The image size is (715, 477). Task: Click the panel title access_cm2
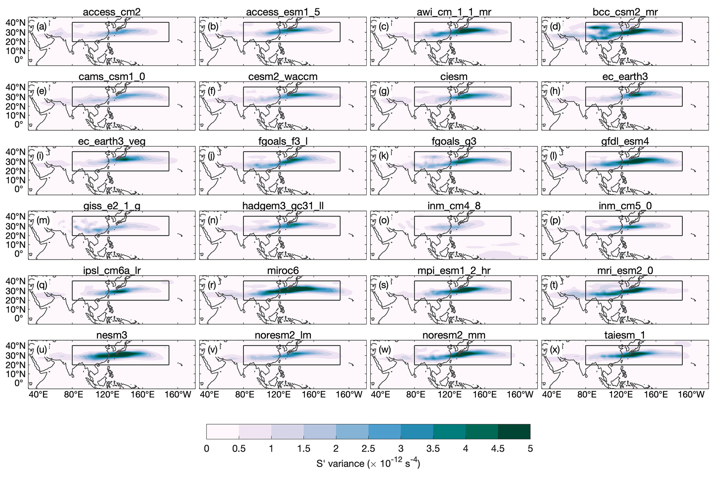111,12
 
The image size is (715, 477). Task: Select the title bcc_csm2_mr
625,12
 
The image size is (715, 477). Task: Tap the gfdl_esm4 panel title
625,141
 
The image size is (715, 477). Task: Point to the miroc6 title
283,270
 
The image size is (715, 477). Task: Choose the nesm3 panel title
111,335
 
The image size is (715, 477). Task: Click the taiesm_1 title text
625,335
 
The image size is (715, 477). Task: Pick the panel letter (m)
43,220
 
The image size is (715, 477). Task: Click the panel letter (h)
555,91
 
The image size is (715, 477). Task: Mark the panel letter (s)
384,285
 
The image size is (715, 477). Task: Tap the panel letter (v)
213,350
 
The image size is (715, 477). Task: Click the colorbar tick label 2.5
368,449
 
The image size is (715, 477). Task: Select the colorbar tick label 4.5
497,449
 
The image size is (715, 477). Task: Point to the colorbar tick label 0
207,449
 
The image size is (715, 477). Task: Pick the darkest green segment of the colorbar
514,431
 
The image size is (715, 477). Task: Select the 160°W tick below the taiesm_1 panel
691,395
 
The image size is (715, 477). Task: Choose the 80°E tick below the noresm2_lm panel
245,395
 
